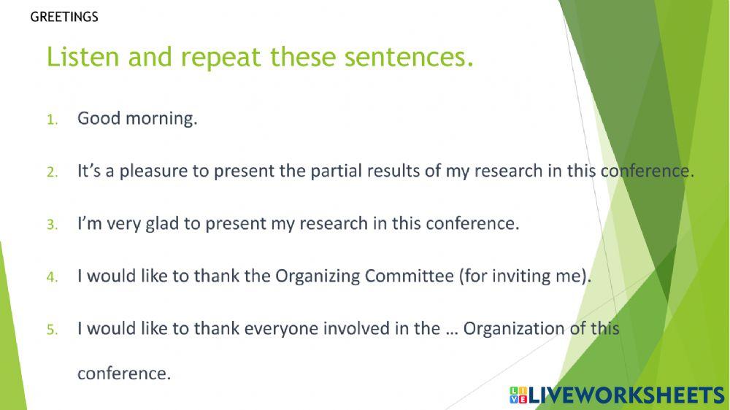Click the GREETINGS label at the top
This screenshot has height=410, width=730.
tap(64, 17)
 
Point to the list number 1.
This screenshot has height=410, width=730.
tap(51, 120)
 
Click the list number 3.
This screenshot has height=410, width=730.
tap(51, 225)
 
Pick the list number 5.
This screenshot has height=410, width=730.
tap(51, 330)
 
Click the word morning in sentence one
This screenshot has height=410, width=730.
tap(162, 119)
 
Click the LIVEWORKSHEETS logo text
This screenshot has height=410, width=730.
tap(626, 395)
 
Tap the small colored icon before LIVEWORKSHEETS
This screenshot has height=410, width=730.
tap(518, 395)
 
